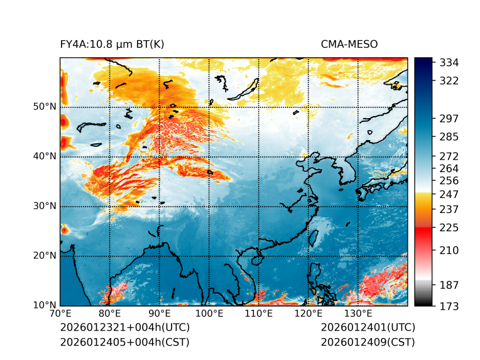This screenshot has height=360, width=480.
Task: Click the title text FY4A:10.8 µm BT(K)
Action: coord(112,44)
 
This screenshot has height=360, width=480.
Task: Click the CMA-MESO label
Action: coord(349,44)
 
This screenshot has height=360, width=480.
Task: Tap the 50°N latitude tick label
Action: coord(45,107)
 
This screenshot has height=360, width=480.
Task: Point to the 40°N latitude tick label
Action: coord(45,156)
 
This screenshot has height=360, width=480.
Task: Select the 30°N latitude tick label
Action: coord(45,206)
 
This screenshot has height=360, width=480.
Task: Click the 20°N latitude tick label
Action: coord(45,256)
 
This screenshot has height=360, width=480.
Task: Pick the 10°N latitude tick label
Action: coord(45,305)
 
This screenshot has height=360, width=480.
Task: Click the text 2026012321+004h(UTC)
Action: coord(124,328)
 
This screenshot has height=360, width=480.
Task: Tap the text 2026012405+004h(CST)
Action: coord(124,342)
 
